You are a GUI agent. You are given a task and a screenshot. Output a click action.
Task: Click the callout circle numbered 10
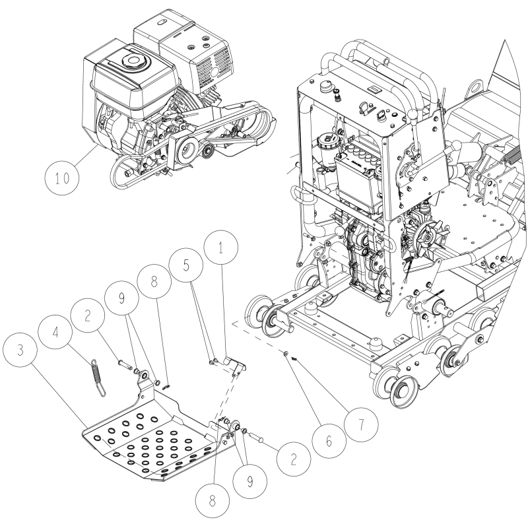[62, 178]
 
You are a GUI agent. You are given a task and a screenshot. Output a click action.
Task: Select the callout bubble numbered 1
[221, 249]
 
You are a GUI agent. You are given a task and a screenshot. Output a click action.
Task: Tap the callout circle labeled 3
[21, 350]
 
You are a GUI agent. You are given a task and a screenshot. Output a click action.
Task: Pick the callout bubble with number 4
[55, 333]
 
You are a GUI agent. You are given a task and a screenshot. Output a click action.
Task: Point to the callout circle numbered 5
[186, 265]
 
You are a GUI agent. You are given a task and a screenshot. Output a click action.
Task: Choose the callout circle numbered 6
[329, 440]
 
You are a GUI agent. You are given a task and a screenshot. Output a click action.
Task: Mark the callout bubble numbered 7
[360, 424]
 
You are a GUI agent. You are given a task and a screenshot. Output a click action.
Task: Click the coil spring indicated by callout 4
[98, 378]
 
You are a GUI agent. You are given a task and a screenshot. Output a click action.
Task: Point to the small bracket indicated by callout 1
[234, 366]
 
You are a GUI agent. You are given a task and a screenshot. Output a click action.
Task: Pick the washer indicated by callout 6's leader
[285, 353]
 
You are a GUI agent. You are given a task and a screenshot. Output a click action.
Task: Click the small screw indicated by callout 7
[294, 359]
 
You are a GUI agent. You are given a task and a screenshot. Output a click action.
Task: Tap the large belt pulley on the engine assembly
[185, 150]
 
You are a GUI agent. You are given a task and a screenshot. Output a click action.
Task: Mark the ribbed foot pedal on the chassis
[515, 160]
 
